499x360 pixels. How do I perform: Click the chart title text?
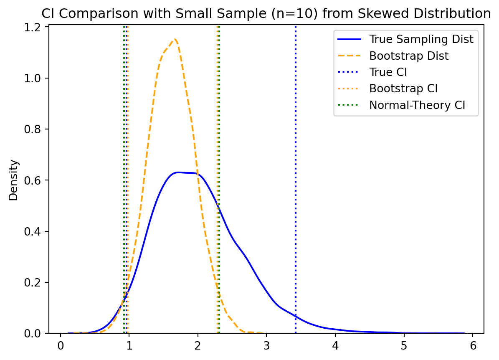pyautogui.click(x=266, y=14)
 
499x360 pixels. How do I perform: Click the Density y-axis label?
pyautogui.click(x=14, y=180)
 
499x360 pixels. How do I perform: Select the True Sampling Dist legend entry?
pyautogui.click(x=421, y=39)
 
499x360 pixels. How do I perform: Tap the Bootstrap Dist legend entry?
pyautogui.click(x=409, y=56)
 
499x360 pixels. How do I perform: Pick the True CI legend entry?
pyautogui.click(x=388, y=72)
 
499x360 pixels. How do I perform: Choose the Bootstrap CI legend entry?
pyautogui.click(x=403, y=89)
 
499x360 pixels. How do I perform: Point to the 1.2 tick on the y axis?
pyautogui.click(x=37, y=27)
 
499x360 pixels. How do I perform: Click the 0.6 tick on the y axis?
pyautogui.click(x=37, y=180)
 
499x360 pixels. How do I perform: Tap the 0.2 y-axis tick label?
pyautogui.click(x=37, y=283)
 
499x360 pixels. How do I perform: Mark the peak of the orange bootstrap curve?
pyautogui.click(x=175, y=40)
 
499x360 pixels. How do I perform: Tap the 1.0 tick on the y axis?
pyautogui.click(x=37, y=78)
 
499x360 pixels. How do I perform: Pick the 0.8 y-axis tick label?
pyautogui.click(x=37, y=129)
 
